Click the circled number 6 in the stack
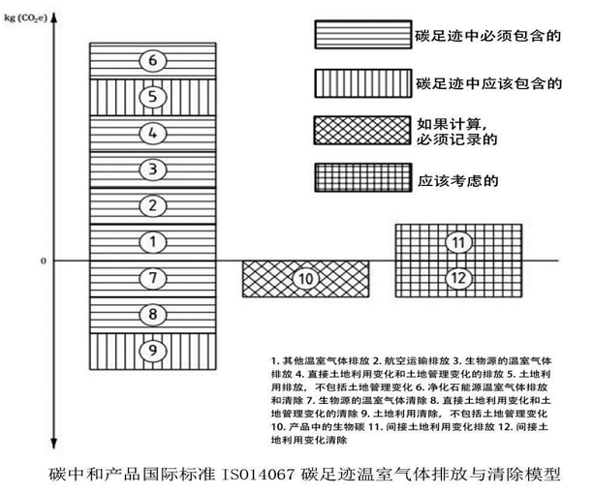click(152, 60)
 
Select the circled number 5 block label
click(152, 96)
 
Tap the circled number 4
click(152, 133)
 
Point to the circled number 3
click(152, 170)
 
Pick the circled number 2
click(152, 205)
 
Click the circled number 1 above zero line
click(152, 240)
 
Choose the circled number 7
click(152, 278)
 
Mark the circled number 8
click(152, 314)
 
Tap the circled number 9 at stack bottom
click(152, 349)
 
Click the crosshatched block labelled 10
click(305, 279)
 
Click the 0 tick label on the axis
click(43, 261)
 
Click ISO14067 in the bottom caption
click(259, 477)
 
